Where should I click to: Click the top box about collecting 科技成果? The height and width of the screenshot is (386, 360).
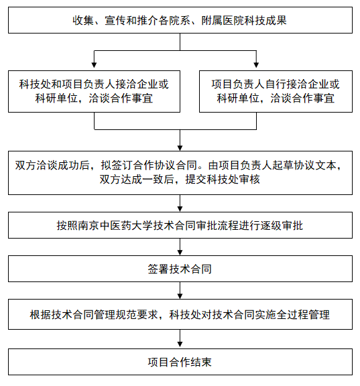(x=180, y=20)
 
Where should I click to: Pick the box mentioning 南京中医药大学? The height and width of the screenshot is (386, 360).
(x=180, y=226)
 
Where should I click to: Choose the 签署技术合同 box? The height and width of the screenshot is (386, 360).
(x=180, y=269)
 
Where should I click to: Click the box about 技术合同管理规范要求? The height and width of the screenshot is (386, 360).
(x=180, y=314)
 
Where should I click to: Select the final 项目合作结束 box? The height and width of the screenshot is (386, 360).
(x=180, y=362)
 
